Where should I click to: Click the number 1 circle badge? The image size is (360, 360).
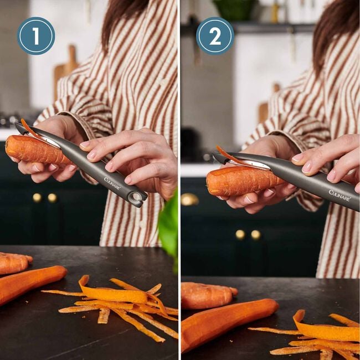click(36, 36)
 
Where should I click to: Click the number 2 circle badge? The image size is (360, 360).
click(215, 36)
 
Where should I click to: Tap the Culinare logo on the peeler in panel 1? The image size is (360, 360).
click(112, 183)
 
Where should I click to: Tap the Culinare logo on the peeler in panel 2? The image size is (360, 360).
click(339, 195)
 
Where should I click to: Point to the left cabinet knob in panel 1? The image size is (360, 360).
click(37, 197)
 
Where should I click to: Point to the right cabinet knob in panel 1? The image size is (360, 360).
click(52, 197)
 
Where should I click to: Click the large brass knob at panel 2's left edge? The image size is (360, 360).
click(189, 199)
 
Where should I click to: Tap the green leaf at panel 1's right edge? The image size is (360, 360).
click(168, 224)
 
